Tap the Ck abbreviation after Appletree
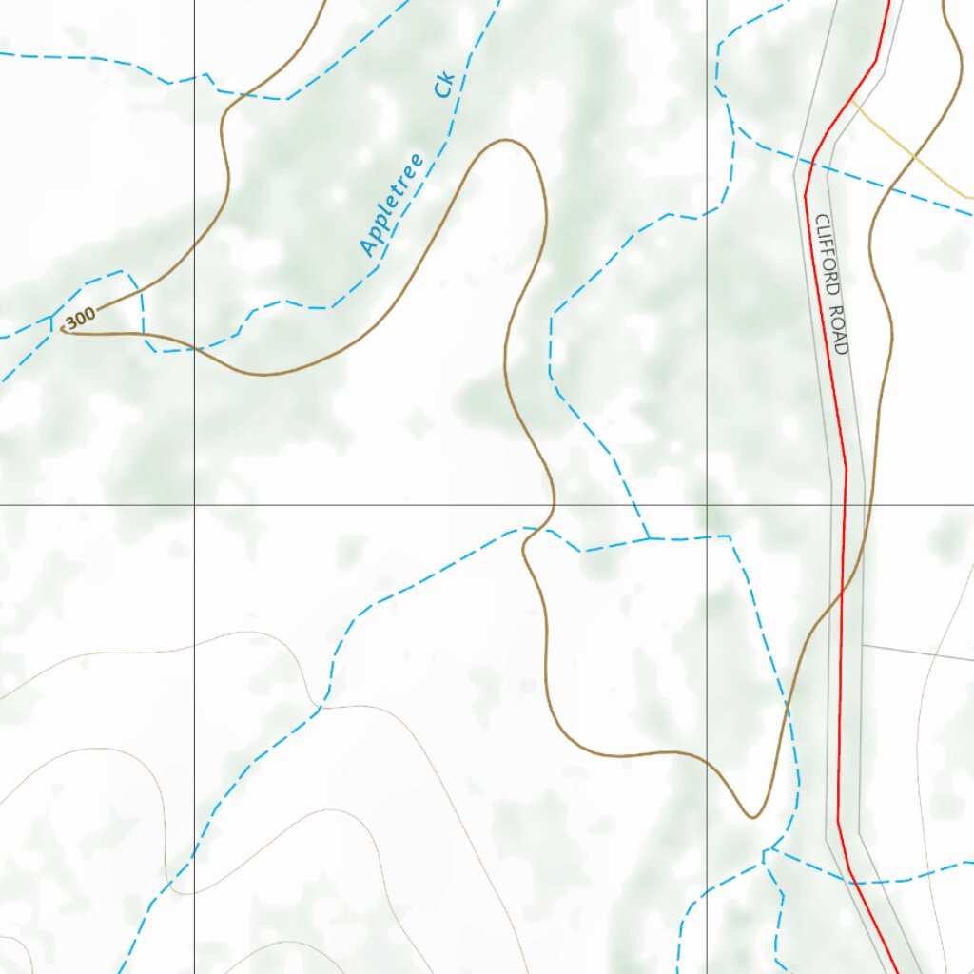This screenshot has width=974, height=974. [x=444, y=85]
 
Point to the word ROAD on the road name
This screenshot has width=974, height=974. [x=836, y=330]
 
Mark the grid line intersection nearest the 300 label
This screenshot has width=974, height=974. [x=195, y=504]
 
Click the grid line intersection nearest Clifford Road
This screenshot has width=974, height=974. [x=707, y=504]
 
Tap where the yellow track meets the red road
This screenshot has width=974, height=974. [x=850, y=98]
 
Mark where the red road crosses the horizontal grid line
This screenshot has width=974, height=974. [x=845, y=504]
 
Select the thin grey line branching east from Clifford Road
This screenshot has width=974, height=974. [x=913, y=653]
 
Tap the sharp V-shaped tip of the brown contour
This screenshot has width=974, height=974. [x=752, y=816]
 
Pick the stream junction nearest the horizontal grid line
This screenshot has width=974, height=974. [x=649, y=538]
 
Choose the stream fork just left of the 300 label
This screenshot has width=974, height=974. [x=51, y=319]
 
